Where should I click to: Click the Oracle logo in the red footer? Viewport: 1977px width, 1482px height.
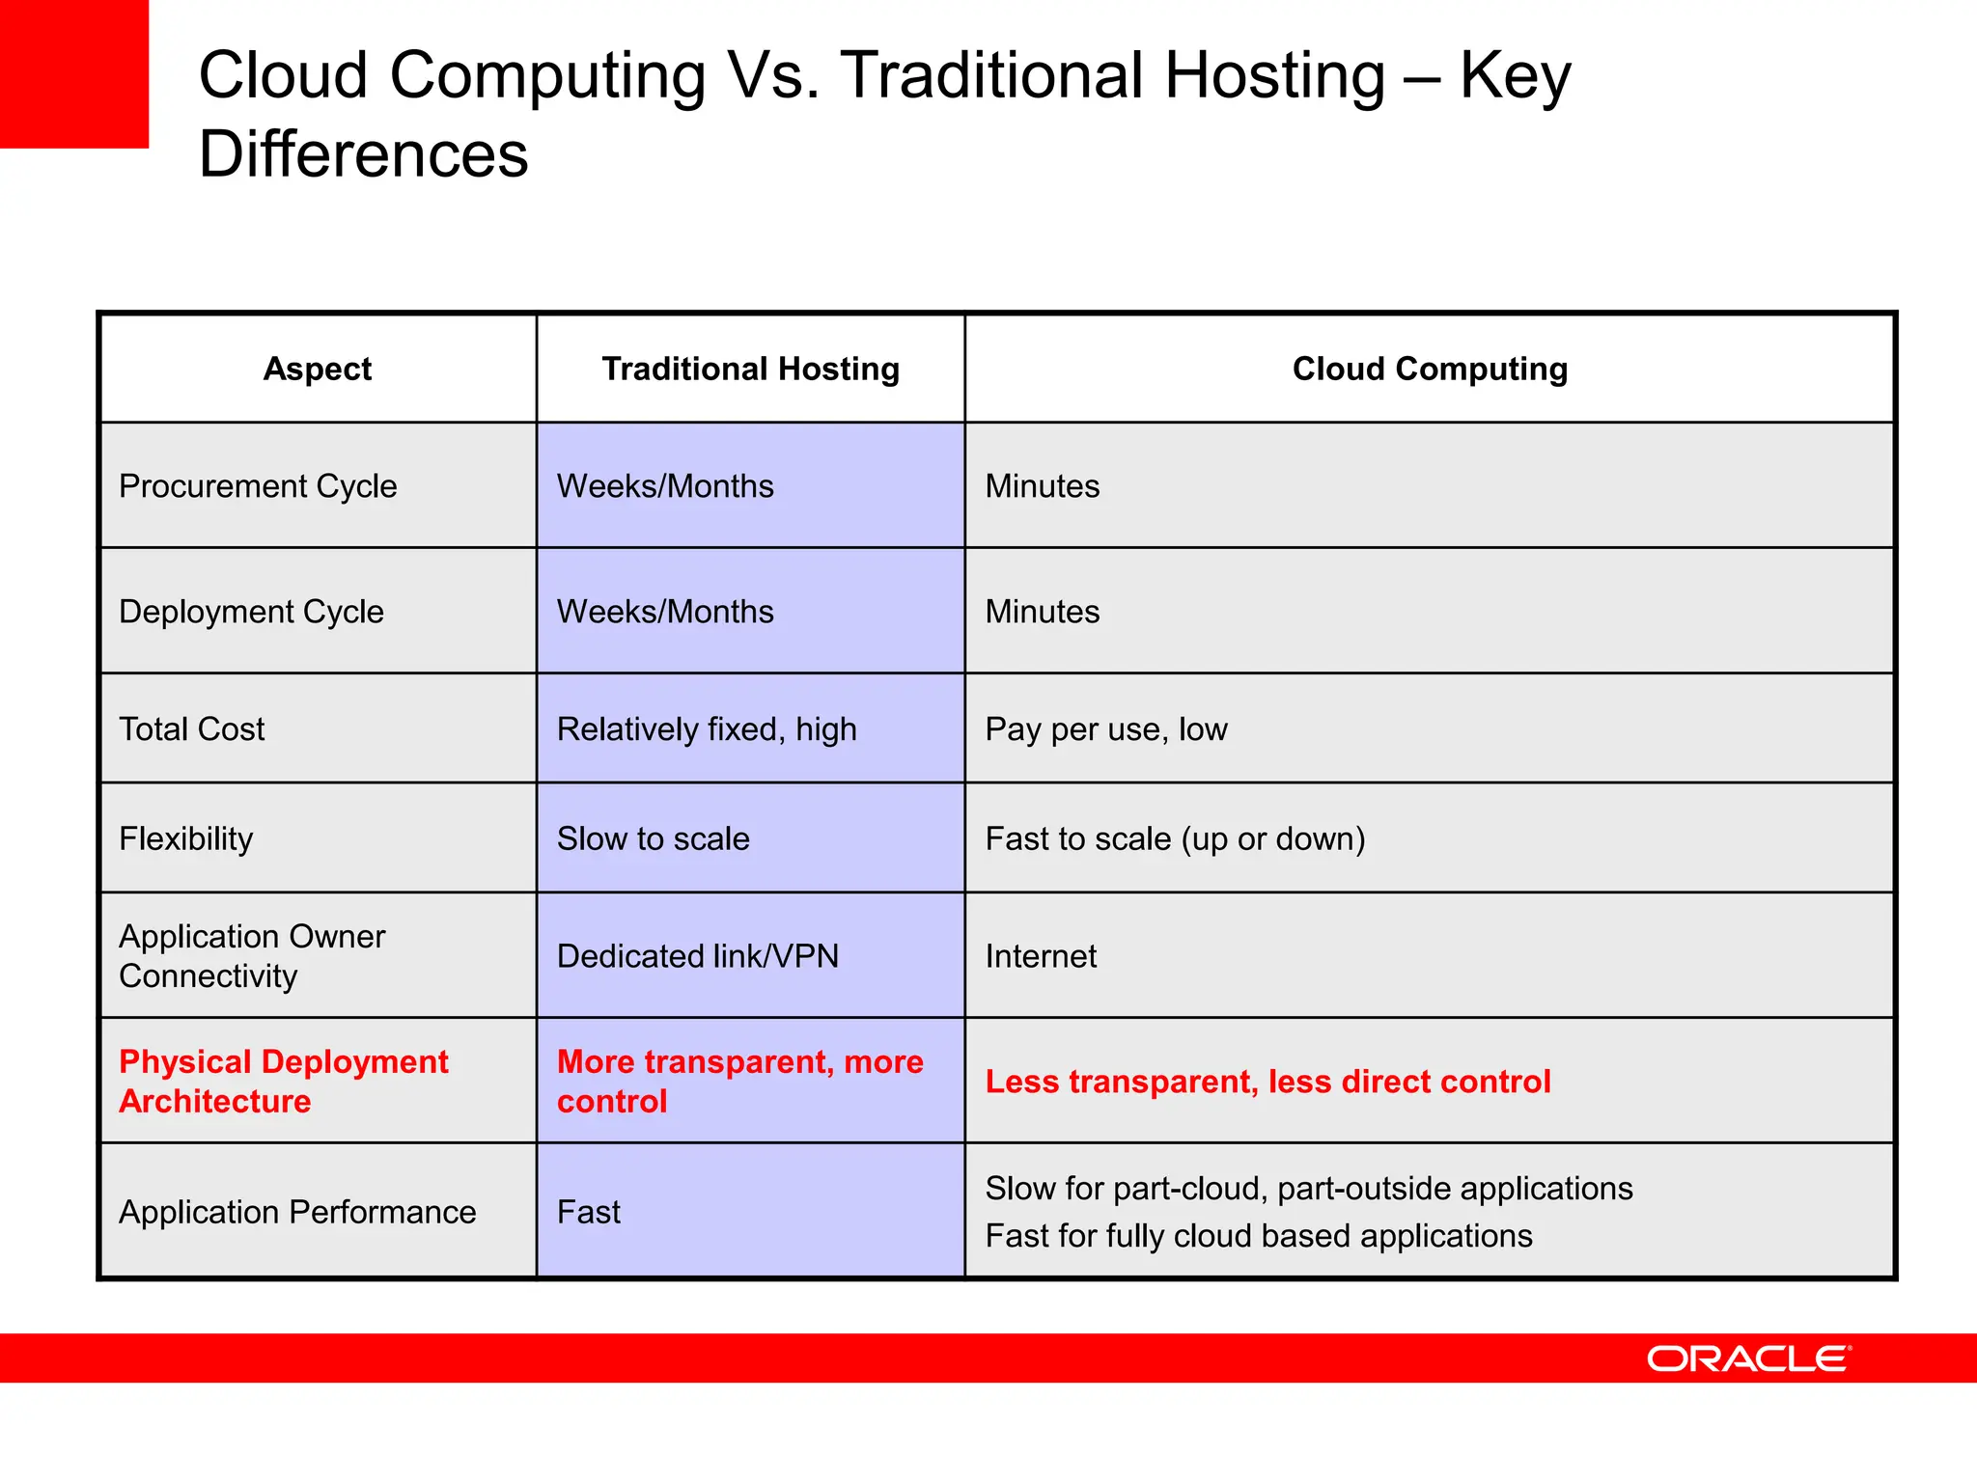(1748, 1358)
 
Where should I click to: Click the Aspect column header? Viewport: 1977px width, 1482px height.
(318, 369)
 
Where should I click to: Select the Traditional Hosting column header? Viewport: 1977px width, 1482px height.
(750, 369)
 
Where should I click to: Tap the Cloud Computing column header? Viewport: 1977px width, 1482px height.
(1430, 369)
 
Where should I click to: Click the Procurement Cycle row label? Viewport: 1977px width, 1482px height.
(258, 486)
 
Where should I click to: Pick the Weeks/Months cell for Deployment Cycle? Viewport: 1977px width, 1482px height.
(665, 612)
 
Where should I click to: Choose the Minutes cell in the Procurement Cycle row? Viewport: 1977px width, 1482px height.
(1043, 486)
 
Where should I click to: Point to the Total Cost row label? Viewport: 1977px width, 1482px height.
(191, 729)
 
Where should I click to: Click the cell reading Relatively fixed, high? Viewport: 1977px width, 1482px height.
(707, 729)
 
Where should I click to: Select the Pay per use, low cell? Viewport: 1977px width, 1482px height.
(1106, 729)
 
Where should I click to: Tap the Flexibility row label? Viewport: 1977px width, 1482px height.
(186, 838)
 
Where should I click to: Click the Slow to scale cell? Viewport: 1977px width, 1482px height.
(653, 838)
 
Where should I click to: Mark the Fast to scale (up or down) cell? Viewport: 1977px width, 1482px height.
(1175, 838)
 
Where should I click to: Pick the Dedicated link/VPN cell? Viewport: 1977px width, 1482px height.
(697, 956)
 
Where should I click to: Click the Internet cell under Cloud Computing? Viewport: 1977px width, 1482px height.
(1041, 956)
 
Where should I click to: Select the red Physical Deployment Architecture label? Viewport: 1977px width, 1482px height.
(283, 1082)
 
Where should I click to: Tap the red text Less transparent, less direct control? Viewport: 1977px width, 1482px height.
(1267, 1082)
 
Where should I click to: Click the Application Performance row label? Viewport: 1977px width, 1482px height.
(297, 1212)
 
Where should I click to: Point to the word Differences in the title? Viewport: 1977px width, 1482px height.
(363, 154)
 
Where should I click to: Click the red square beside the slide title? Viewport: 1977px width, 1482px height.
(73, 73)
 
